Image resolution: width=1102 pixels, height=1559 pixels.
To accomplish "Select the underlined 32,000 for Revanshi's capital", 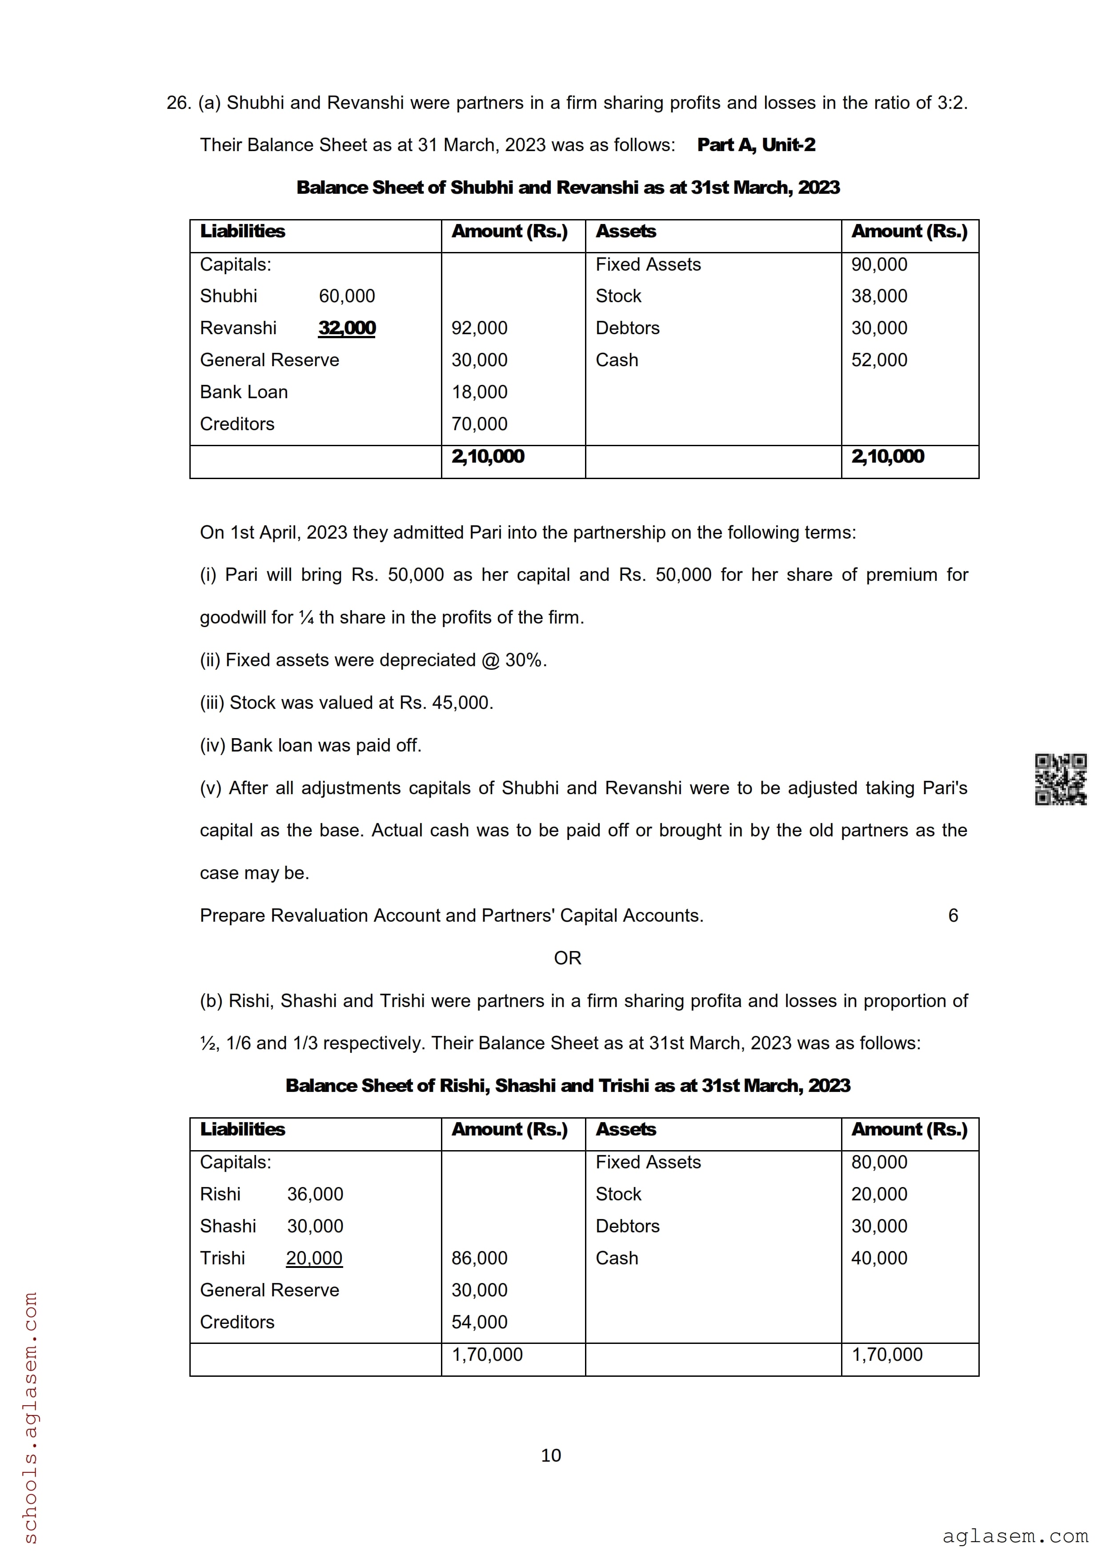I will tap(347, 328).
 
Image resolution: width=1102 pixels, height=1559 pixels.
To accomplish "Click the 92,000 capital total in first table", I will tap(479, 328).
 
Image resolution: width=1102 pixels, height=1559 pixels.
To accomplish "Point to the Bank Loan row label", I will tap(244, 392).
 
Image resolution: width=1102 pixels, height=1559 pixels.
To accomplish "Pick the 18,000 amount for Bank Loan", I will tap(479, 392).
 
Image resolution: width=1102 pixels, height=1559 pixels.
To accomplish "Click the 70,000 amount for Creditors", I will tap(479, 424).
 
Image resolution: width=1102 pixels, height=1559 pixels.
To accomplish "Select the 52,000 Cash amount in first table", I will tap(879, 360).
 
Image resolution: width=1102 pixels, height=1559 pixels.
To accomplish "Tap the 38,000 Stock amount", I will tap(879, 296).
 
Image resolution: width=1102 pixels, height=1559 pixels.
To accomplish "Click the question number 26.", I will tap(178, 103).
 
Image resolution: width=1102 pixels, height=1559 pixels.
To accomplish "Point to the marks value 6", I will tap(953, 915).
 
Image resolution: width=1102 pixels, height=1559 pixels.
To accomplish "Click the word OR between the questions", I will tap(568, 958).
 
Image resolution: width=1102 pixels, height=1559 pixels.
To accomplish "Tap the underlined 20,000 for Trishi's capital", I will tap(314, 1258).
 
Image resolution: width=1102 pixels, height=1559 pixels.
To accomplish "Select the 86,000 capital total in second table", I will tap(479, 1258).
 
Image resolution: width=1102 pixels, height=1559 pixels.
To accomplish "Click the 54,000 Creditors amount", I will tap(479, 1322).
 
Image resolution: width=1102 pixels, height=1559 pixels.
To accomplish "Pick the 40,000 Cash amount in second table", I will tap(879, 1258).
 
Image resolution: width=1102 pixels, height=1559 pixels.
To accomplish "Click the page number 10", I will tap(551, 1455).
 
